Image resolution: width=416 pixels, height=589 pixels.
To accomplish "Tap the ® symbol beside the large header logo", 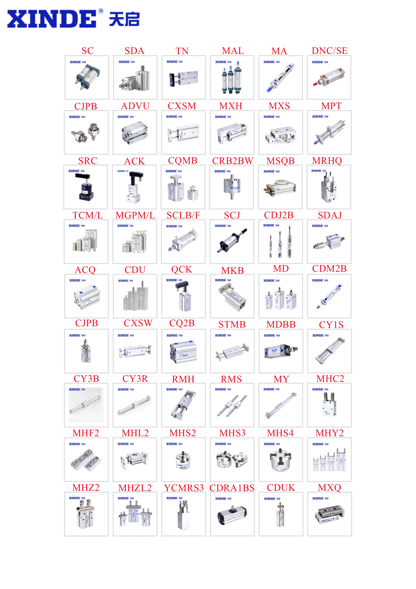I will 101,11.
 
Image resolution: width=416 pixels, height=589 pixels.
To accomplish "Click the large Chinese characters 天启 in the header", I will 124,19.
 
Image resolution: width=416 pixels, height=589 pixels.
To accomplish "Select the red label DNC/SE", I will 329,51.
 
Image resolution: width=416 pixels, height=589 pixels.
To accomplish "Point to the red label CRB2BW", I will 232,161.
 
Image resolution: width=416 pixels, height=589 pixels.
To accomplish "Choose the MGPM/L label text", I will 135,215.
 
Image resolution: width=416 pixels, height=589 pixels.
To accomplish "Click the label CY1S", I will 331,325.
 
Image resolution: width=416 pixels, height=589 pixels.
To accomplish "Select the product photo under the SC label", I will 87,77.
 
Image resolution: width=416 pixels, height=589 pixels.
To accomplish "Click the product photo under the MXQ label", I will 329,514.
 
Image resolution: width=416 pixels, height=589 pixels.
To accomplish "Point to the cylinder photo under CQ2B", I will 184,351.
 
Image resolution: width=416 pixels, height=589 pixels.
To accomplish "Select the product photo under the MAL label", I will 232,77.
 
